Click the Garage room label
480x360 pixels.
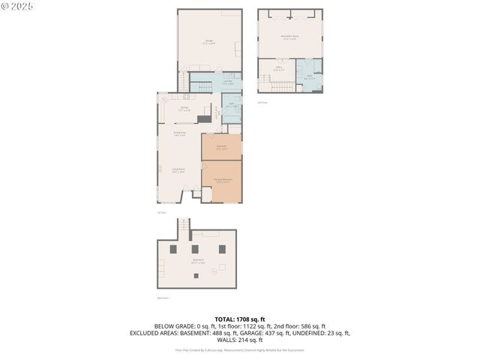click(209, 43)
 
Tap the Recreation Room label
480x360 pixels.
click(289, 37)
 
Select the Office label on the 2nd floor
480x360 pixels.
click(277, 69)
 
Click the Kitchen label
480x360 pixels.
click(184, 109)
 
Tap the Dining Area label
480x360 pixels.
click(179, 134)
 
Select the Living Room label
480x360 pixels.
click(178, 170)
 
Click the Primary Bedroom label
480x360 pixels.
click(222, 181)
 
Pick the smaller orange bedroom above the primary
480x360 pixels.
click(221, 147)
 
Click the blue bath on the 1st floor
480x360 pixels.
click(232, 105)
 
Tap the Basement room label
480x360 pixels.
click(197, 261)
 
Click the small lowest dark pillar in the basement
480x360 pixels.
click(196, 276)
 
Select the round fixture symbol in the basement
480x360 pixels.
click(213, 269)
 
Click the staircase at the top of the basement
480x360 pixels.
click(183, 225)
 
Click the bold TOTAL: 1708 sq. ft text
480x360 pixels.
click(240, 319)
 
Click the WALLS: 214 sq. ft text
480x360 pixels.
click(240, 339)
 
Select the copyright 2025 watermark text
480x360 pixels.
click(19, 7)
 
